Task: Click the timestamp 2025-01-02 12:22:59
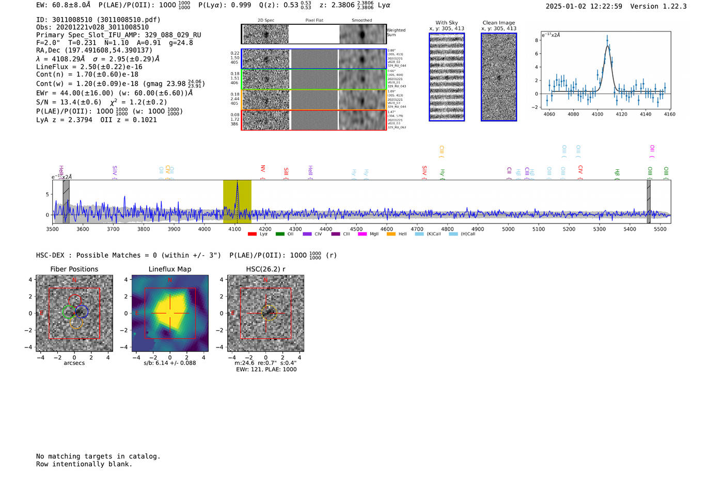click(584, 6)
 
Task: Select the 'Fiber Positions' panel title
click(74, 269)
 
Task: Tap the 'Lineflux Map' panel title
click(170, 269)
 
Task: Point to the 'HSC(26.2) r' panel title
click(265, 269)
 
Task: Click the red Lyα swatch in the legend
click(252, 234)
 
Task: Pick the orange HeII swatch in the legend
click(391, 234)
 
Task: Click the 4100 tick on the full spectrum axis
click(234, 229)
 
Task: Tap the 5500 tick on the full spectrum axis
click(660, 229)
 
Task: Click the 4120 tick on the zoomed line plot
click(621, 114)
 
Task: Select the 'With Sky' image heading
click(447, 23)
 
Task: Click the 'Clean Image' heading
click(498, 23)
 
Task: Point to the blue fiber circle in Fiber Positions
click(82, 311)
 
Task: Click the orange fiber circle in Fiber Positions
click(76, 323)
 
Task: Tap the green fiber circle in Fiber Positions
click(69, 312)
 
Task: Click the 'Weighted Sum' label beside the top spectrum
click(396, 33)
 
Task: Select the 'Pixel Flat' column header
click(314, 21)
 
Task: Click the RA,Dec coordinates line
click(94, 50)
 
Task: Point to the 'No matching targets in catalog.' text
click(98, 456)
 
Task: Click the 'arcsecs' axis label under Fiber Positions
click(74, 363)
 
